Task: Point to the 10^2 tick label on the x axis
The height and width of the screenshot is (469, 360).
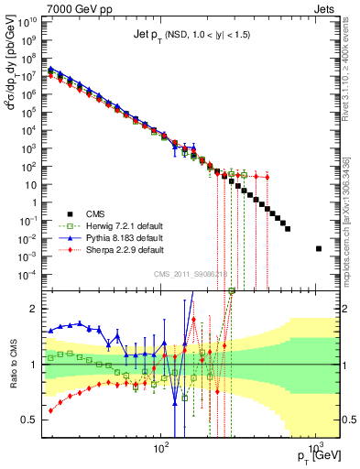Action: [161, 449]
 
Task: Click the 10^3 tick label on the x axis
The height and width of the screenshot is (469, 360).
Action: [316, 449]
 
